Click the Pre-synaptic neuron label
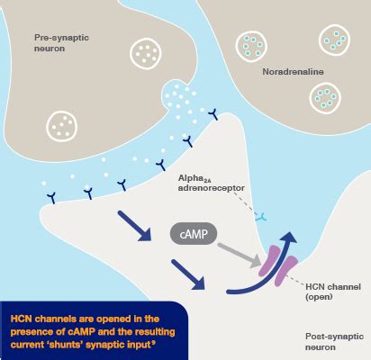click(59, 42)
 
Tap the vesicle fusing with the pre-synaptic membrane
click(179, 95)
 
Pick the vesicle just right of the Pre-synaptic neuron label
click(144, 52)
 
